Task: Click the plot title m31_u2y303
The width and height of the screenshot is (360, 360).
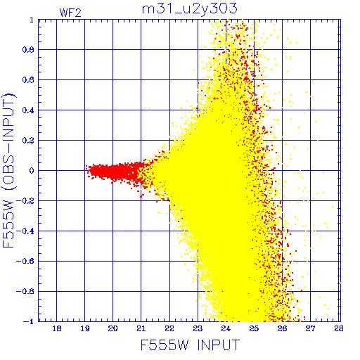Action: point(190,9)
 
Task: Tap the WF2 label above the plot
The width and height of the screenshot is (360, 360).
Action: point(70,13)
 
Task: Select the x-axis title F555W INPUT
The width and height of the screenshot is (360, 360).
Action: point(190,345)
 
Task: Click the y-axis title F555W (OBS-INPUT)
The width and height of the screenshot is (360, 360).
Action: point(9,170)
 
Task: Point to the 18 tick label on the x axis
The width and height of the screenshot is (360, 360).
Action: point(57,328)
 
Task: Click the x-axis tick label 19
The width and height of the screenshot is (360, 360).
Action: point(85,328)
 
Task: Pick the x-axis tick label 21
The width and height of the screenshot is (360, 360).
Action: point(141,328)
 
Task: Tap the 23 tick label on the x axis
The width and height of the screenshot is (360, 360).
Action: point(198,328)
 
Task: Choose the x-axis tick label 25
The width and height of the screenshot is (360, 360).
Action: point(254,328)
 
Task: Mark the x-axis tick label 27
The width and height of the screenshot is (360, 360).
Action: point(310,328)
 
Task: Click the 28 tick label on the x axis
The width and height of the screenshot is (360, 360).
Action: point(338,328)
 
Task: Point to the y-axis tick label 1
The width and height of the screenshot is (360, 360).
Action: point(32,20)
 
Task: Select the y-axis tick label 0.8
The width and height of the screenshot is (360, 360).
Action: point(28,50)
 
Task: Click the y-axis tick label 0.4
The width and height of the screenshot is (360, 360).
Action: point(28,110)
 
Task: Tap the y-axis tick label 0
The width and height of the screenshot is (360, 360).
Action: point(32,171)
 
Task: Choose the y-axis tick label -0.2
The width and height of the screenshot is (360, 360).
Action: point(25,201)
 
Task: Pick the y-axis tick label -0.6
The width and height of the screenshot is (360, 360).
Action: point(25,261)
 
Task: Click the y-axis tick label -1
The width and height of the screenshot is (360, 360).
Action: point(29,321)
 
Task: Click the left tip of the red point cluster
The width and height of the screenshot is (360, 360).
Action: point(84,170)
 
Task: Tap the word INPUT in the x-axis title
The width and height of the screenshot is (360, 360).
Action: point(219,345)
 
